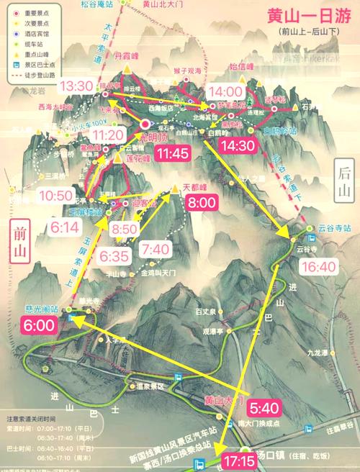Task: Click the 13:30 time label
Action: click(x=76, y=86)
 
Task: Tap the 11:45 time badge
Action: click(x=172, y=153)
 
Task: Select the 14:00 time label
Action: click(x=225, y=91)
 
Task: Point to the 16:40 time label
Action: click(x=319, y=266)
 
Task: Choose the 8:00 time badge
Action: click(x=201, y=204)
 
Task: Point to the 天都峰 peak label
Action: click(x=195, y=187)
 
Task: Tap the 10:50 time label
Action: click(x=55, y=196)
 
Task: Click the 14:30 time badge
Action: click(x=238, y=144)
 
